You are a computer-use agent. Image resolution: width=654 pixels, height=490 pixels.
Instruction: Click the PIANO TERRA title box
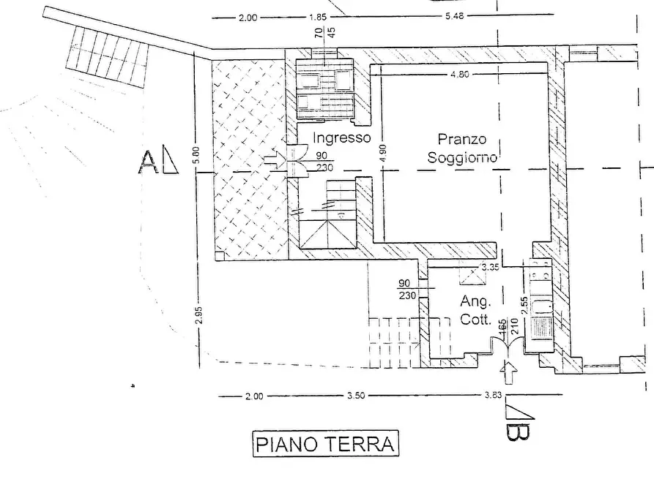[326, 444]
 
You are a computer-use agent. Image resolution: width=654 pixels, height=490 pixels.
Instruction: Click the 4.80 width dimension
[461, 75]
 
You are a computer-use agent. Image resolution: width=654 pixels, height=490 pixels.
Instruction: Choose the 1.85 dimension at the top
[317, 17]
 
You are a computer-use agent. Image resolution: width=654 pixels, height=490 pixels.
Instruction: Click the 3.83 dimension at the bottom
[496, 396]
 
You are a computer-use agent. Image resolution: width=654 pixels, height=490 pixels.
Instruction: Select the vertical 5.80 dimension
[196, 156]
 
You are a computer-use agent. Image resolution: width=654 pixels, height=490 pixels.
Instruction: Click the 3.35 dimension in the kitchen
[488, 268]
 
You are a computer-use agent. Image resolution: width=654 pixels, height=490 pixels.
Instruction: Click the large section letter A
[148, 162]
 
